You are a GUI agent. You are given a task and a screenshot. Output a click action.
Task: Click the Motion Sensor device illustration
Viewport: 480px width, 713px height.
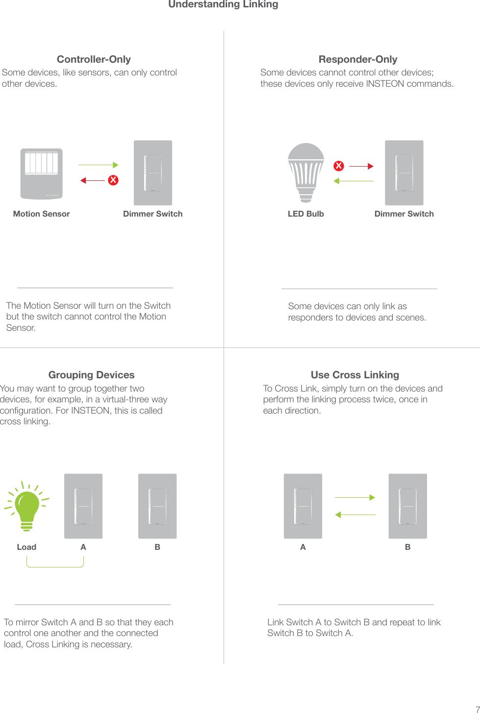point(41,173)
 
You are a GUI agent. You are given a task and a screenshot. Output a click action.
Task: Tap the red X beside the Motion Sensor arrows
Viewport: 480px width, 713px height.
point(113,180)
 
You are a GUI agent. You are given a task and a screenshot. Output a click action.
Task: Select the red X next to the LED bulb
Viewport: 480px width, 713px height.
point(338,166)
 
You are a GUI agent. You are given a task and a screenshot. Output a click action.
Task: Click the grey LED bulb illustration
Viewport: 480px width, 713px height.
point(306,172)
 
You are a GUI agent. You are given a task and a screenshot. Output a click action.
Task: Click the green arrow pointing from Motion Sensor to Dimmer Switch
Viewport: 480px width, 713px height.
point(98,165)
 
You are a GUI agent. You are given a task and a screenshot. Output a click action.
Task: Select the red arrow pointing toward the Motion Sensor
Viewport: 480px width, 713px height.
point(93,180)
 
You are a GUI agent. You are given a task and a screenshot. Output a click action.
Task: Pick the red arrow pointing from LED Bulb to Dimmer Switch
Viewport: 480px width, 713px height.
point(361,167)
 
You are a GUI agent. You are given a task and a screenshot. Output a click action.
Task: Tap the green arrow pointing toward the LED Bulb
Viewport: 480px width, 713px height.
point(354,181)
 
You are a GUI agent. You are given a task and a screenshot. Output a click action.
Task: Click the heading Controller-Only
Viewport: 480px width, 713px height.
point(94,59)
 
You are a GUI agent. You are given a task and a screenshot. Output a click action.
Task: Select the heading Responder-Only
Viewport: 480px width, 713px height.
point(358,59)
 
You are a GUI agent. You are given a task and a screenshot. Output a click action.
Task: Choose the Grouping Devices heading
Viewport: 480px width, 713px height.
point(91,375)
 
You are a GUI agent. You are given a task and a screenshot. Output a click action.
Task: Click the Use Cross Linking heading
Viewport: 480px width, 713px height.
point(355,375)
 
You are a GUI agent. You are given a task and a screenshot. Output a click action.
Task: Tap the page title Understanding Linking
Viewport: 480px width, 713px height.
point(223,4)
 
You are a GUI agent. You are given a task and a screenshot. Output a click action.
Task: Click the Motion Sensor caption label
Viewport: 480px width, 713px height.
point(41,214)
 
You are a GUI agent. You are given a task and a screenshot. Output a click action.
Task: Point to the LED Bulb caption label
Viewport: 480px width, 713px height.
point(305,214)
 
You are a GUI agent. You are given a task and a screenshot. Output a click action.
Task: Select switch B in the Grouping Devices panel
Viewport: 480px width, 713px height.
point(157,506)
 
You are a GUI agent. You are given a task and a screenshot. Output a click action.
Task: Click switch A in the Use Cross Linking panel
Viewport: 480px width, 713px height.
point(303,506)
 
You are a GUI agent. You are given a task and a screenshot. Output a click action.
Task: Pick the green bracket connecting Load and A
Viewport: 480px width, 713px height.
point(55,565)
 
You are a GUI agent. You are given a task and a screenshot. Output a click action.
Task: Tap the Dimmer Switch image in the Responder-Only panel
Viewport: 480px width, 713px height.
point(404,172)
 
